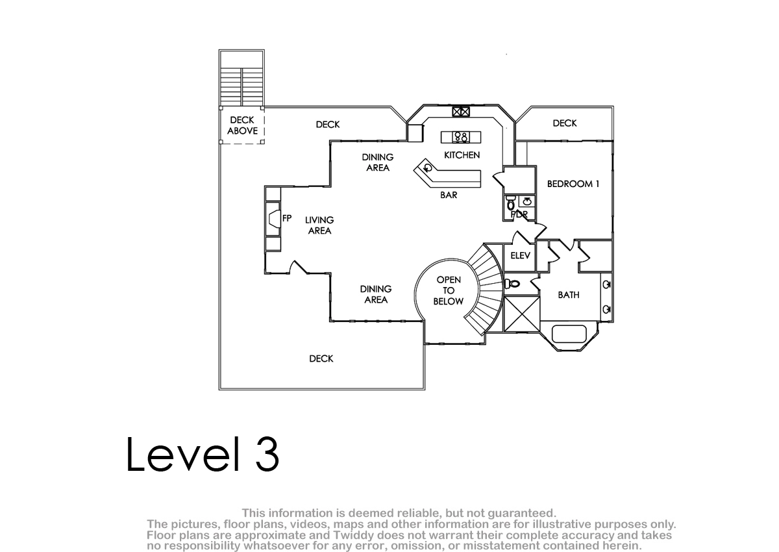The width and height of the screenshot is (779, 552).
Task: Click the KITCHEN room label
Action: click(462, 155)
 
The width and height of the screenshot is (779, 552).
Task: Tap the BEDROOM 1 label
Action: click(573, 184)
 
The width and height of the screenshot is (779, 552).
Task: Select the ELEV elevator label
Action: click(520, 256)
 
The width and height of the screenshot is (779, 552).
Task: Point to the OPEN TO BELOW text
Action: click(449, 290)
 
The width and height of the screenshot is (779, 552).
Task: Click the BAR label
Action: click(449, 195)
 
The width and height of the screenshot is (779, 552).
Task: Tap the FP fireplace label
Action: click(287, 218)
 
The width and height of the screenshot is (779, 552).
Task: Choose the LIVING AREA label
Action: click(319, 225)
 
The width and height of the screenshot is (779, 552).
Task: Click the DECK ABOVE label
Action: click(242, 125)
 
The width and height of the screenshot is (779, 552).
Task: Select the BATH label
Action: click(569, 295)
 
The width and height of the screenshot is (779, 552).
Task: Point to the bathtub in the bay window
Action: click(569, 334)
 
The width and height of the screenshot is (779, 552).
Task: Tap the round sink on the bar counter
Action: click(428, 168)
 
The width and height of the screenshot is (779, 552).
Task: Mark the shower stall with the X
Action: click(522, 314)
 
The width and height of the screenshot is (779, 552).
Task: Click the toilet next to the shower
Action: click(512, 284)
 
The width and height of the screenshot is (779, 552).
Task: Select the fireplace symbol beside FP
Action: click(274, 219)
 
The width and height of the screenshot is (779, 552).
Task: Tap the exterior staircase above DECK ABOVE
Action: click(241, 87)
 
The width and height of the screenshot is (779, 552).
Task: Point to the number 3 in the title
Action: click(267, 455)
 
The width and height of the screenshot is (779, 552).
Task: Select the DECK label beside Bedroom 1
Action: click(565, 123)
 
